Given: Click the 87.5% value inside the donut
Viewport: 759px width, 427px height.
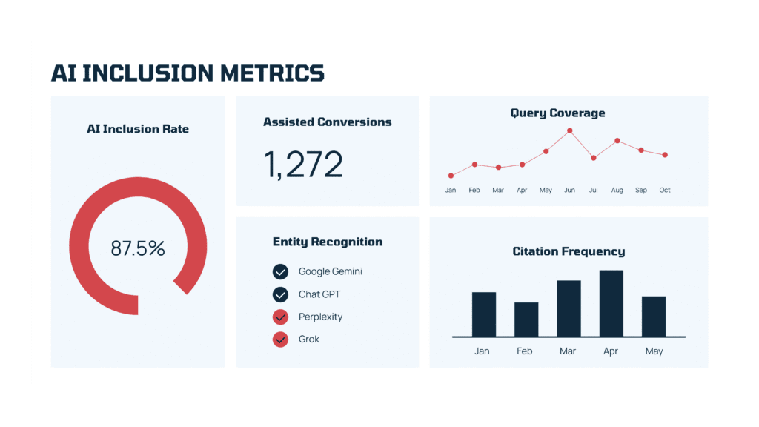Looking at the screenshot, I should [x=138, y=248].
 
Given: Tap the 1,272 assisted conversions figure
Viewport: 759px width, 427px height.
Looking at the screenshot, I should [x=304, y=165].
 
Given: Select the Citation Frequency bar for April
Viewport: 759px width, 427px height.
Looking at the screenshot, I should [x=611, y=303].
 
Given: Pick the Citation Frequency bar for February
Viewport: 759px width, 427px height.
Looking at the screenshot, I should [x=526, y=320].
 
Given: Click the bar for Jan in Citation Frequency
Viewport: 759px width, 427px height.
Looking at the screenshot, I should [x=483, y=314].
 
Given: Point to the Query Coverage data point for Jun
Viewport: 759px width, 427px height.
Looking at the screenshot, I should [x=569, y=130].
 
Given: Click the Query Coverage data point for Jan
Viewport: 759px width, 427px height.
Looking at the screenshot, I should [x=451, y=176].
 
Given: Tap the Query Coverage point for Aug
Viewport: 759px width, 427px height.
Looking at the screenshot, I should [x=617, y=140].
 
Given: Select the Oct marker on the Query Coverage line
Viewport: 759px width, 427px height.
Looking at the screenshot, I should [x=665, y=155].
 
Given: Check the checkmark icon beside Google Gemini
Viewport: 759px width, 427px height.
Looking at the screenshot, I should [x=280, y=271].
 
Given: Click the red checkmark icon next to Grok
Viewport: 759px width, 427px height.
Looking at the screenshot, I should [x=280, y=340].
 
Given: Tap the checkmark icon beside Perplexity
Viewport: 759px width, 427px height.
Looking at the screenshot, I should [x=280, y=317].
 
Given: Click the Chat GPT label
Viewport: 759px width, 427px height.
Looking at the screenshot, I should [x=319, y=294].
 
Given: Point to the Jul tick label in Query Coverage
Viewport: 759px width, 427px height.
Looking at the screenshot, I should [x=593, y=191].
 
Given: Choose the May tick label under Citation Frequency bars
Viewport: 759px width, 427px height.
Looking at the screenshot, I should [x=654, y=351].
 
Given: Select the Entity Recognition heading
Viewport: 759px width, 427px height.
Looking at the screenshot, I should [x=328, y=242].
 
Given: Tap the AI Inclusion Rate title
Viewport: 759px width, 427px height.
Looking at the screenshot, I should [x=138, y=129].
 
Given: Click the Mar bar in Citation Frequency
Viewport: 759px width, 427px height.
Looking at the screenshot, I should [x=569, y=308].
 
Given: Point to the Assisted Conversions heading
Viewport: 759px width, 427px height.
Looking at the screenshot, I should [x=328, y=122].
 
